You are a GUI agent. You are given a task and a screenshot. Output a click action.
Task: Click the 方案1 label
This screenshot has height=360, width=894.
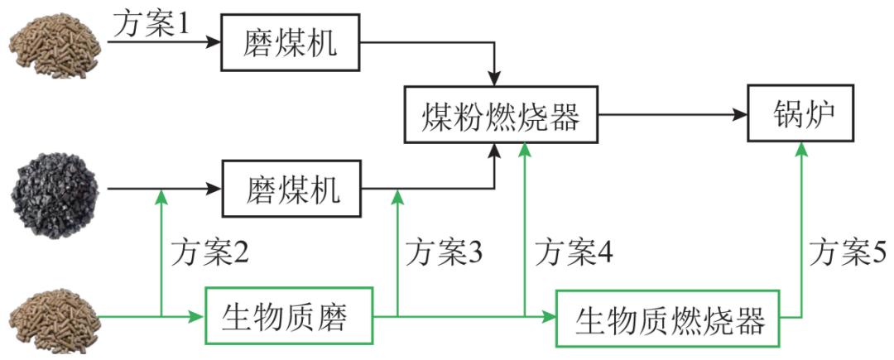pyautogui.click(x=151, y=22)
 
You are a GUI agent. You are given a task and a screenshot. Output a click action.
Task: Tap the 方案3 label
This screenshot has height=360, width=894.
pyautogui.click(x=443, y=252)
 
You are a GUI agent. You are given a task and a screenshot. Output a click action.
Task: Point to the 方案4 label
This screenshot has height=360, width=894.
pyautogui.click(x=573, y=252)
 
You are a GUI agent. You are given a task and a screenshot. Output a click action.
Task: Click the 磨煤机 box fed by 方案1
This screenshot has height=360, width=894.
pyautogui.click(x=291, y=43)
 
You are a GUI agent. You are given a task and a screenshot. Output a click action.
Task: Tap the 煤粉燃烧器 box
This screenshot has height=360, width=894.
pyautogui.click(x=502, y=114)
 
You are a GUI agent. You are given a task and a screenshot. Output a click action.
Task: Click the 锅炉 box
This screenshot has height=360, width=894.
pyautogui.click(x=802, y=113)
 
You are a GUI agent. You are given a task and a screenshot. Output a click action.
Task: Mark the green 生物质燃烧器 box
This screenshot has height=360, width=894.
pyautogui.click(x=670, y=318)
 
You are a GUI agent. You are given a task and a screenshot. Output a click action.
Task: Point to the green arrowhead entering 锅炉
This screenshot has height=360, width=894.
pyautogui.click(x=802, y=149)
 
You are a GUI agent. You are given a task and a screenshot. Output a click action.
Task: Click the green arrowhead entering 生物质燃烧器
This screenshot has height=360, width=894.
pyautogui.click(x=548, y=316)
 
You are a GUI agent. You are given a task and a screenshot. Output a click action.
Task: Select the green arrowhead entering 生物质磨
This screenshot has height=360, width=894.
pyautogui.click(x=196, y=316)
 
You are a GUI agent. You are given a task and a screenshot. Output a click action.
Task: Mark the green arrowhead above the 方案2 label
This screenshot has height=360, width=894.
pyautogui.click(x=161, y=196)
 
